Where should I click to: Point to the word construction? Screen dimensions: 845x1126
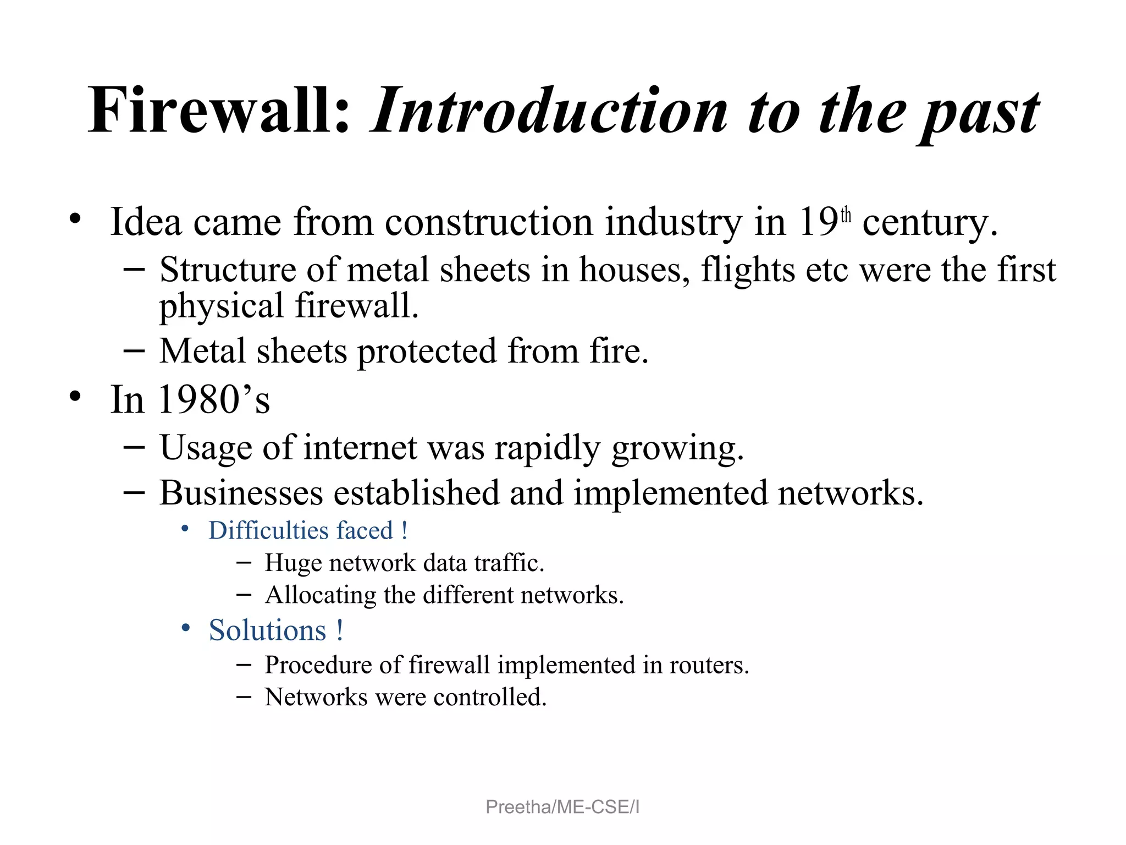coord(489,222)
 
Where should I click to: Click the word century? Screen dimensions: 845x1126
coord(929,223)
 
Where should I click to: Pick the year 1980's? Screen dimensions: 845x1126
coord(214,400)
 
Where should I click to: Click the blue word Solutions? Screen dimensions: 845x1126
coord(268,630)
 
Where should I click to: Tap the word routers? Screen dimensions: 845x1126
coord(709,666)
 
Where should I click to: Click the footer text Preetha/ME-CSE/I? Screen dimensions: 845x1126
coord(562,807)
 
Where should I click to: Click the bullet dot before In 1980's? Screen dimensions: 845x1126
coord(75,396)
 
